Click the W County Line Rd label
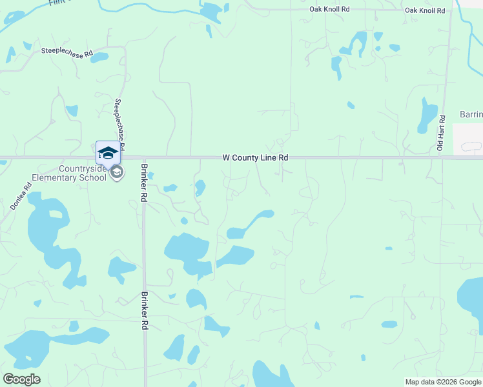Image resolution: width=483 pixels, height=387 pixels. [255, 157]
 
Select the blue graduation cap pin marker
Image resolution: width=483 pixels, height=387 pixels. [108, 153]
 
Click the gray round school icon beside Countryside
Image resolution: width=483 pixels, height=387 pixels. [117, 173]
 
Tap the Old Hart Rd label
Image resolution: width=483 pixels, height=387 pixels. [442, 134]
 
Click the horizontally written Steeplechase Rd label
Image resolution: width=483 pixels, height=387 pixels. [67, 51]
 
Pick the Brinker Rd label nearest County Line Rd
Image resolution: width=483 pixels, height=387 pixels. [143, 183]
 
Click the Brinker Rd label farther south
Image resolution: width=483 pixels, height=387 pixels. [144, 311]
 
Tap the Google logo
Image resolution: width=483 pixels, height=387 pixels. [21, 379]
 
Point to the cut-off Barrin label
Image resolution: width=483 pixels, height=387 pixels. [471, 115]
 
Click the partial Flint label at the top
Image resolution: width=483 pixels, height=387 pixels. [57, 3]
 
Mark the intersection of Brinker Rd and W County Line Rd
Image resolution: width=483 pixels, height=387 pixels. [143, 157]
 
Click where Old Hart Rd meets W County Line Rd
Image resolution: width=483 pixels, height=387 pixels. [443, 157]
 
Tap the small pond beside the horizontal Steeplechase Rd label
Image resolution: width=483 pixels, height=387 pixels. [99, 57]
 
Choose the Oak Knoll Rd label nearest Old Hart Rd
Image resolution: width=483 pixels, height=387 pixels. [424, 10]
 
